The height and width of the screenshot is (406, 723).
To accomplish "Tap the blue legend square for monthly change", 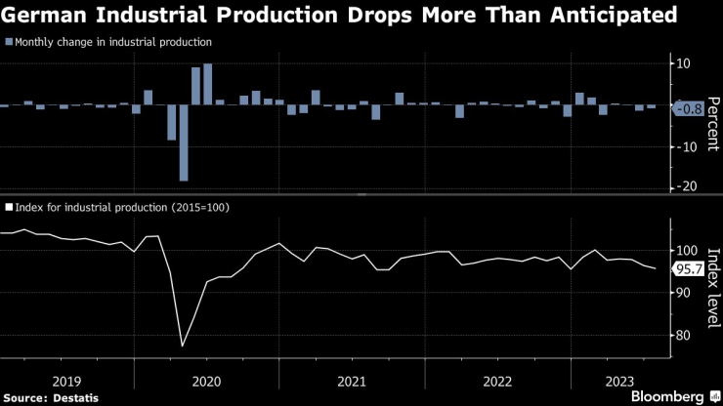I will pos(9,42).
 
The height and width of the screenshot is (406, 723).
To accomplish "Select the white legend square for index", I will pos(9,208).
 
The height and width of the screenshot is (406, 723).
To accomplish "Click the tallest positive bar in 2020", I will pos(208,85).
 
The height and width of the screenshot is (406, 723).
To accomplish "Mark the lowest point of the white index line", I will pos(183,345).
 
